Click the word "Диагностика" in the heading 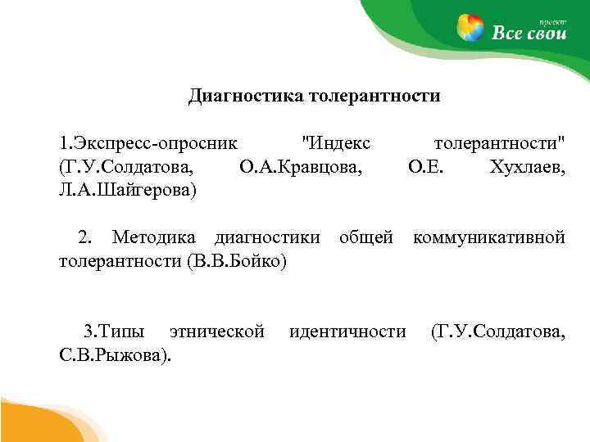click(x=245, y=97)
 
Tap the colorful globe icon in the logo click(x=470, y=29)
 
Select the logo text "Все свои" click(x=529, y=33)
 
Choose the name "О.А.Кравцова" click(x=301, y=168)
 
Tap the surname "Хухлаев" click(x=526, y=168)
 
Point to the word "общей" click(x=367, y=238)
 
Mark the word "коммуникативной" click(x=489, y=238)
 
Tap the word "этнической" click(x=216, y=331)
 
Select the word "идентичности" click(x=347, y=331)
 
